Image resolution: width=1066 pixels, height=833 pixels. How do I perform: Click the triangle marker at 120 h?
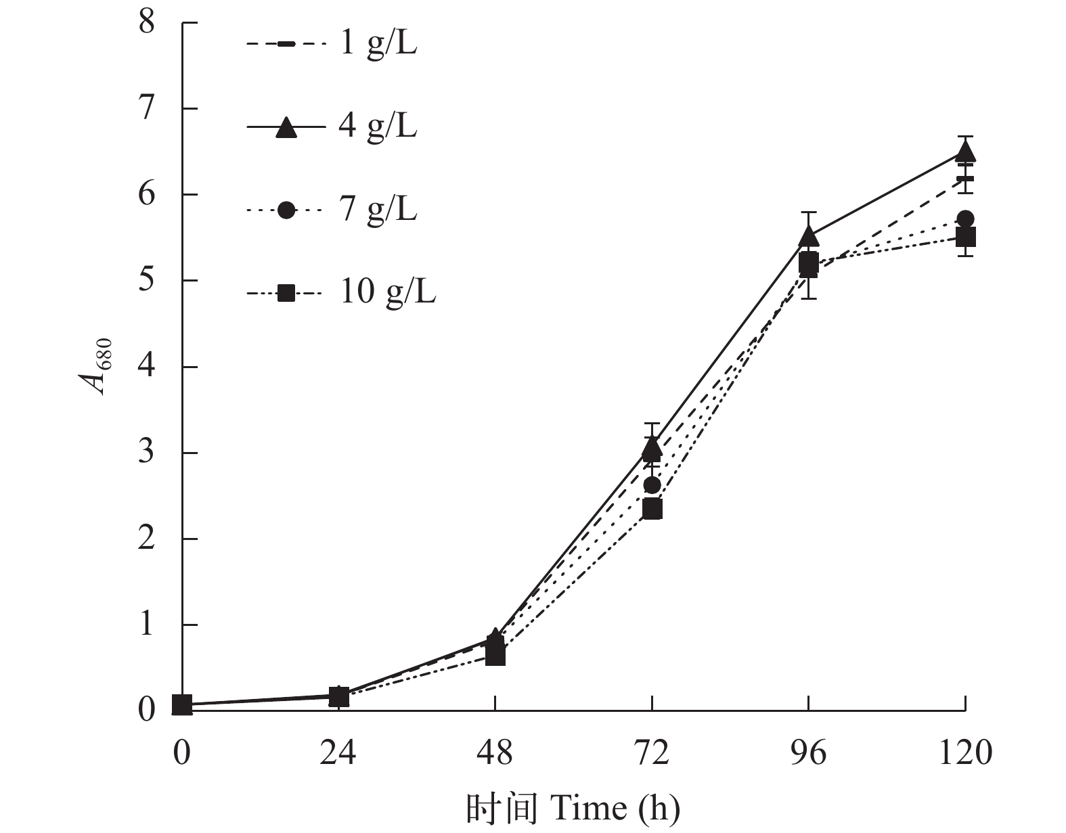pyautogui.click(x=965, y=150)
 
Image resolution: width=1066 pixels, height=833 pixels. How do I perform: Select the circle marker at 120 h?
pyautogui.click(x=965, y=219)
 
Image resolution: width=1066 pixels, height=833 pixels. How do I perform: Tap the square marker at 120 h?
pyautogui.click(x=965, y=237)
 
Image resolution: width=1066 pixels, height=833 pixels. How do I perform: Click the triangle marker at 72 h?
pyautogui.click(x=652, y=447)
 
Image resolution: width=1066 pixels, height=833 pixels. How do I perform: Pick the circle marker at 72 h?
pyautogui.click(x=652, y=485)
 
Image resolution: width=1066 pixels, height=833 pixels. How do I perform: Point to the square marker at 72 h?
pyautogui.click(x=652, y=508)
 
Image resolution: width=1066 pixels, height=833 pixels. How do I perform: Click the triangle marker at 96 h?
pyautogui.click(x=809, y=236)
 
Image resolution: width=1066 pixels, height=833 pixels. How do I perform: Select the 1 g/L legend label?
pyautogui.click(x=378, y=45)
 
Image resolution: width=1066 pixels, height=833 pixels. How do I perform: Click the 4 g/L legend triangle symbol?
pyautogui.click(x=286, y=128)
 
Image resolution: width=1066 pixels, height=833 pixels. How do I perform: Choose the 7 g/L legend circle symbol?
pyautogui.click(x=286, y=210)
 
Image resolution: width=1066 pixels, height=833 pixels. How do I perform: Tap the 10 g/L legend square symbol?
pyautogui.click(x=286, y=293)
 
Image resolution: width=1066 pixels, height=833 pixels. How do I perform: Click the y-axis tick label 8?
pyautogui.click(x=147, y=23)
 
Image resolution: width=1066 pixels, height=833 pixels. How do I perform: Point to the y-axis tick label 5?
pyautogui.click(x=147, y=281)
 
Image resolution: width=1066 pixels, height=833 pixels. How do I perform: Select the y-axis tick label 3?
pyautogui.click(x=147, y=453)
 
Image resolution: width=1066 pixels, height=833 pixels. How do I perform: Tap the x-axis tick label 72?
pyautogui.click(x=652, y=752)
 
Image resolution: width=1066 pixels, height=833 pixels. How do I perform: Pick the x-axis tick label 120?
pyautogui.click(x=965, y=752)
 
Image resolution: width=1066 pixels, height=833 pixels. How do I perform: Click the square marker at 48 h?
pyautogui.click(x=495, y=655)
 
